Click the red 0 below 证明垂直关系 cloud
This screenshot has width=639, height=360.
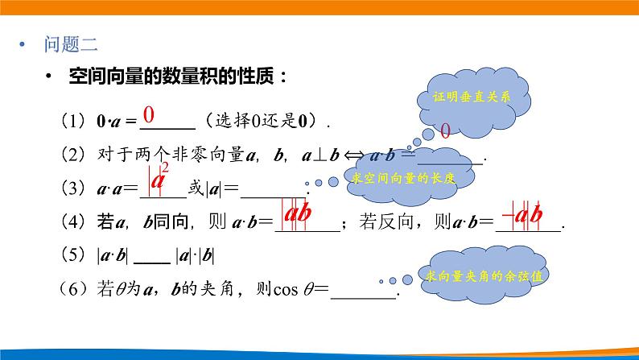tap(445, 130)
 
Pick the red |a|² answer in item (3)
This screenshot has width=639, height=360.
tap(159, 178)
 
